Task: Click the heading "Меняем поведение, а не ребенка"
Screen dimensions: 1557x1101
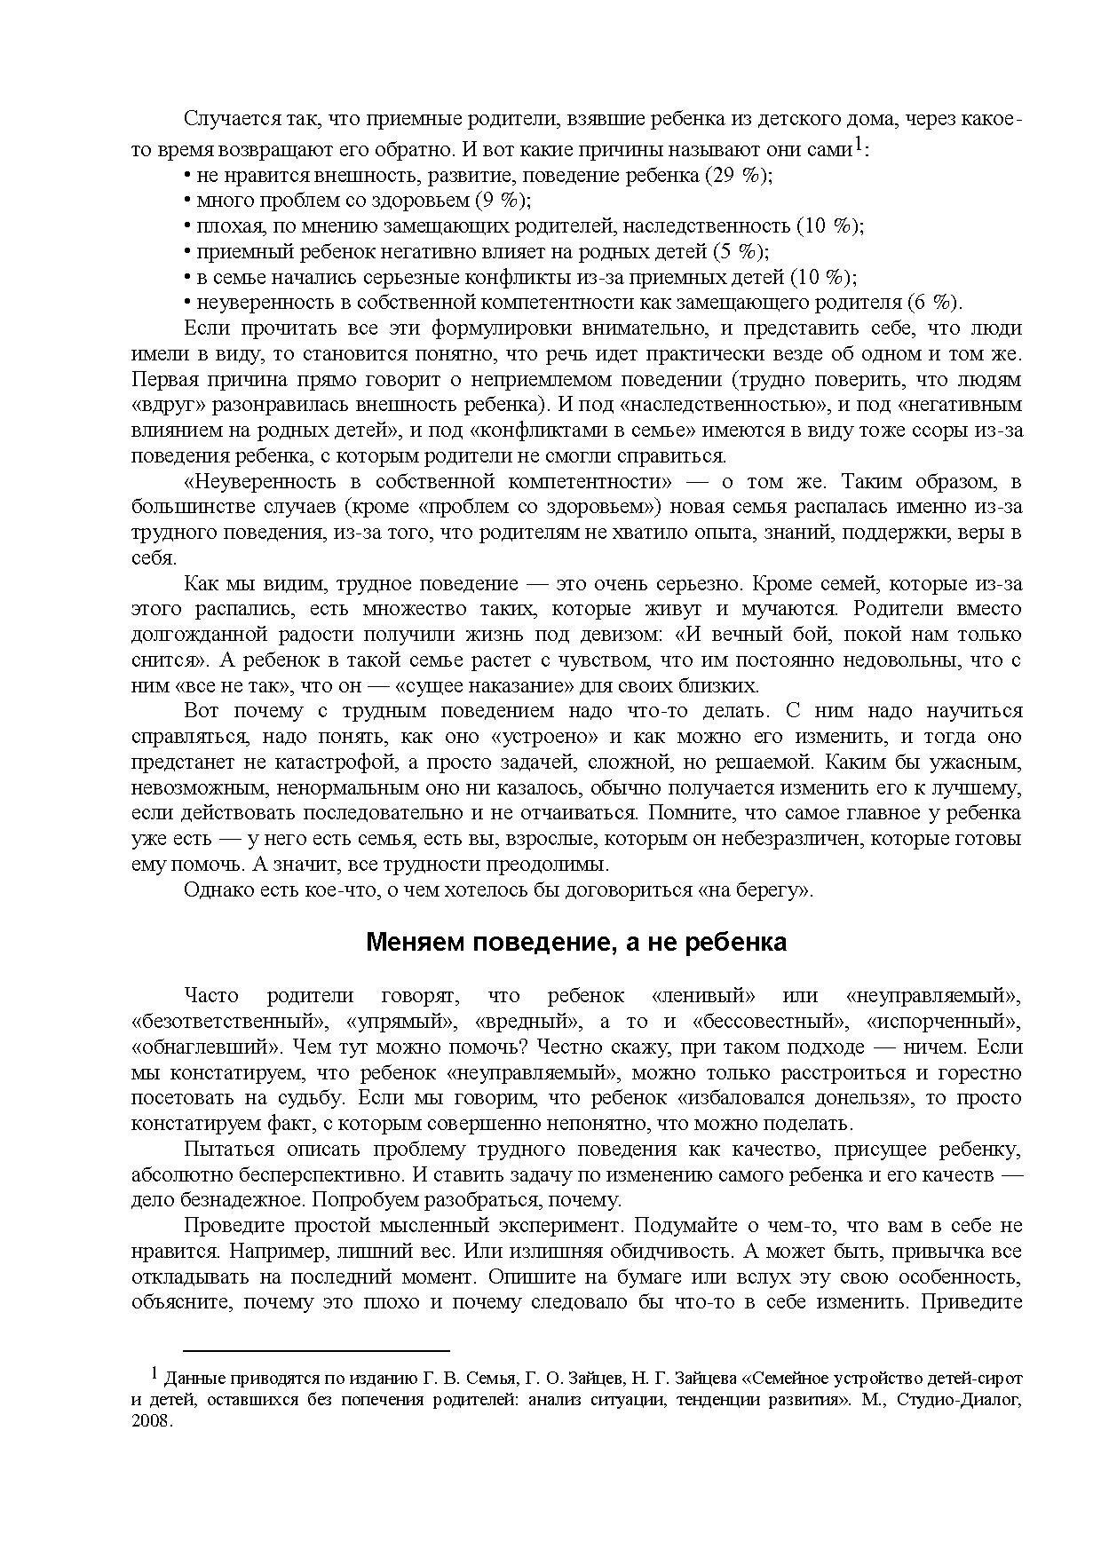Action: tap(576, 942)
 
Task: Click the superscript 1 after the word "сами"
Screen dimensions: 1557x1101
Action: tap(859, 146)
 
